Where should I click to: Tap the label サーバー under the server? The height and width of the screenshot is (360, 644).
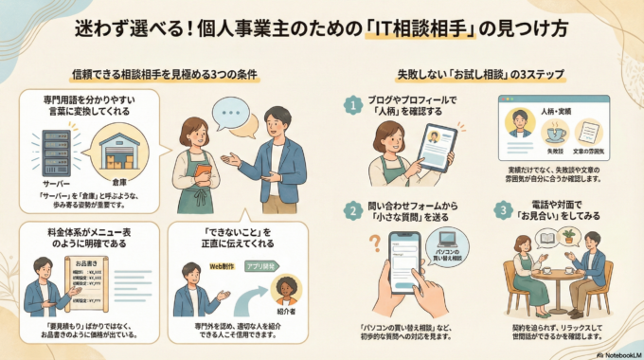[x=54, y=180]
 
